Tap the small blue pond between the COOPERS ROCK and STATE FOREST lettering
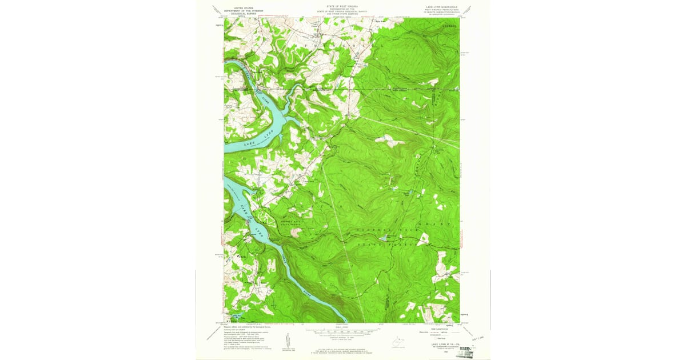[384, 236]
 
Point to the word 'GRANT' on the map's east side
[448, 223]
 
